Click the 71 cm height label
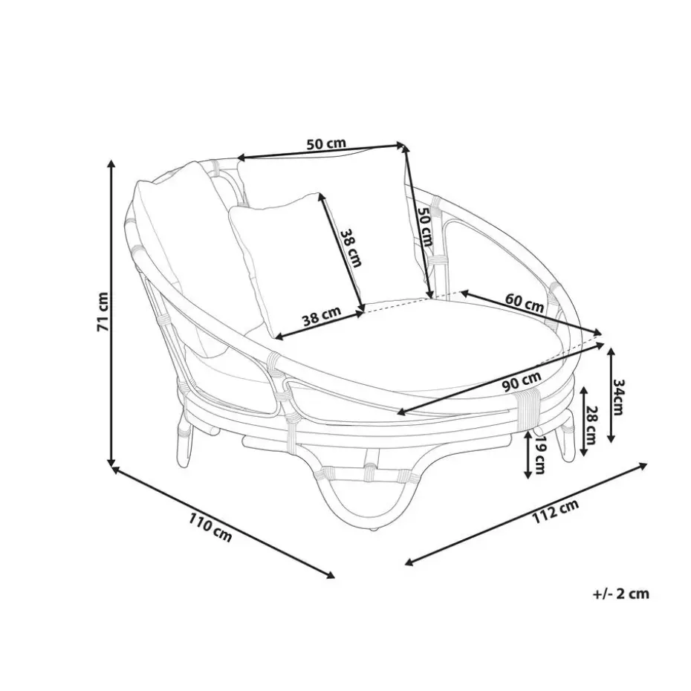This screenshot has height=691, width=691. pyautogui.click(x=103, y=311)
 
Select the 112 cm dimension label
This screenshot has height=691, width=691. pyautogui.click(x=555, y=512)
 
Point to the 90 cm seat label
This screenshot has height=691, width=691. pyautogui.click(x=522, y=382)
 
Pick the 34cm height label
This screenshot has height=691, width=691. pyautogui.click(x=618, y=396)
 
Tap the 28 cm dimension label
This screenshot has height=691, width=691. pyautogui.click(x=591, y=425)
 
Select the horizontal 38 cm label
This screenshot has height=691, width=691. pyautogui.click(x=322, y=315)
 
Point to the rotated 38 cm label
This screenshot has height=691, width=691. pyautogui.click(x=351, y=247)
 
